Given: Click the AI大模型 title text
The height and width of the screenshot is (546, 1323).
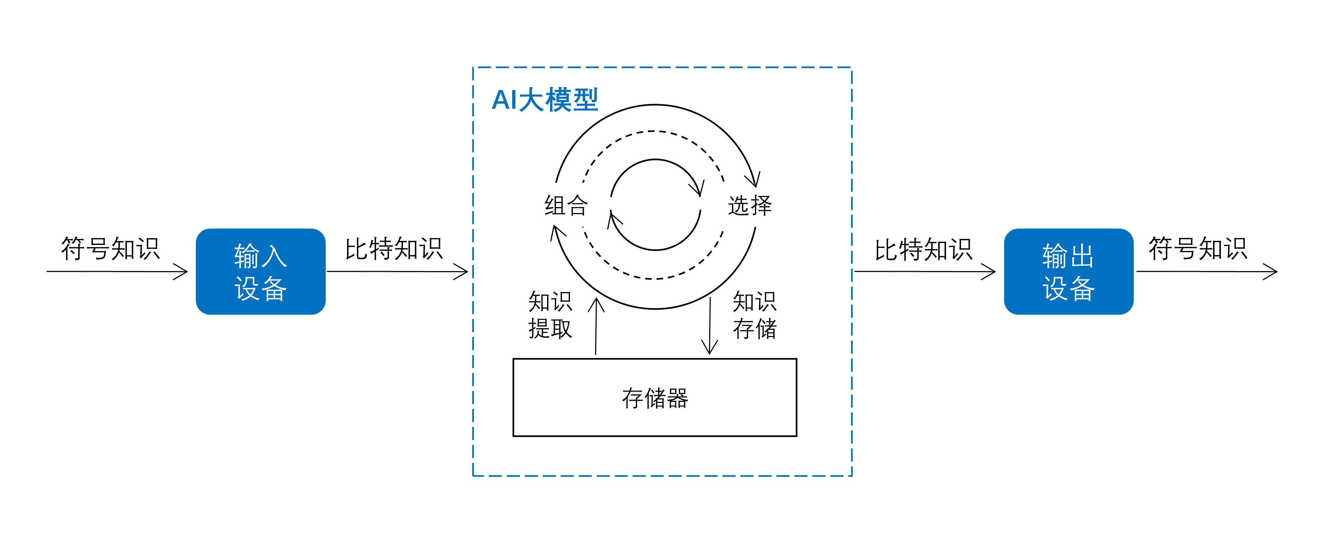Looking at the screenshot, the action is click(x=545, y=100).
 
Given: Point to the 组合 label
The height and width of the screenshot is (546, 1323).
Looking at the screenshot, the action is click(x=566, y=205).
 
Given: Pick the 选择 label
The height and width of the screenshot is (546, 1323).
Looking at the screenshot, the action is click(x=750, y=205).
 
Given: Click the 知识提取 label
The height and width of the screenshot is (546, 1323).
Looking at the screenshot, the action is click(x=550, y=315).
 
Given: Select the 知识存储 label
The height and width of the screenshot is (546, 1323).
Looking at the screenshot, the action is click(x=754, y=315).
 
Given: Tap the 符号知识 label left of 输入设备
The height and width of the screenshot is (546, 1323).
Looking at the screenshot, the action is click(x=110, y=248).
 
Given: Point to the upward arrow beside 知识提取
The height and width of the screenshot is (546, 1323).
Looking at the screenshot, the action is click(x=596, y=326).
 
